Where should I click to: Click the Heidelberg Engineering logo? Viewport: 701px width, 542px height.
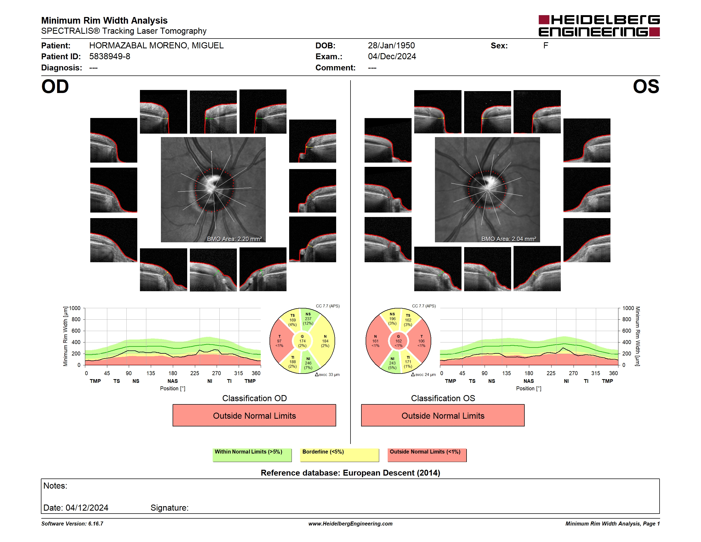[x=599, y=26]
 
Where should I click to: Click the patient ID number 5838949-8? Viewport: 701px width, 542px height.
[x=110, y=57]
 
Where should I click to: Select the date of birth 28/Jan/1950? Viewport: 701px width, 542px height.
[x=391, y=46]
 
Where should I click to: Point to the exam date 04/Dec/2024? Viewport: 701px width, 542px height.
[x=392, y=57]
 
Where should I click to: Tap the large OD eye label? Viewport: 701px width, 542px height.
[x=55, y=87]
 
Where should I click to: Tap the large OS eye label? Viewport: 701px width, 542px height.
[x=646, y=87]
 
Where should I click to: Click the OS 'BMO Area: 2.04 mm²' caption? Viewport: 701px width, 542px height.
[x=509, y=239]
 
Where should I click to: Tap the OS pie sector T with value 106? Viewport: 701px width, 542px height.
[x=421, y=341]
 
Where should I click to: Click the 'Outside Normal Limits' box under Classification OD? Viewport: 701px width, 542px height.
[x=254, y=416]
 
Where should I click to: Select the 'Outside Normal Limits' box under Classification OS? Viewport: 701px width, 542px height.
[x=443, y=416]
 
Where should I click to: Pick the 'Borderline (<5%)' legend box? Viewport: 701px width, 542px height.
[x=340, y=455]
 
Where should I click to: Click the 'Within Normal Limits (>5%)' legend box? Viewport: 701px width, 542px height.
[x=252, y=455]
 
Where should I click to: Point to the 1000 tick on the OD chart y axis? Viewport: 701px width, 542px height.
[x=75, y=308]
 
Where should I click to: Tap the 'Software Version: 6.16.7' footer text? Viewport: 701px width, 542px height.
[x=72, y=524]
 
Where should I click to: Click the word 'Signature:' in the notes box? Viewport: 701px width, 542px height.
[x=169, y=508]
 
